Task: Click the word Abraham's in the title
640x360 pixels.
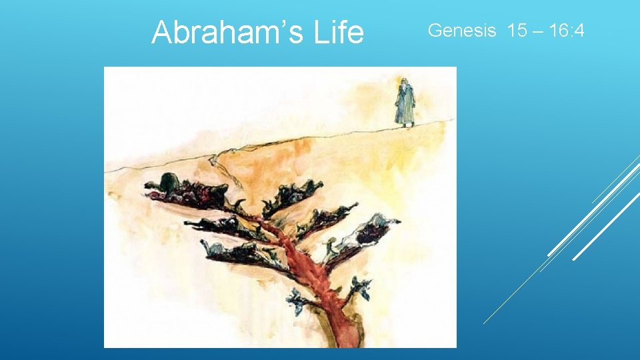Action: (220, 33)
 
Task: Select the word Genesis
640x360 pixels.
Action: (462, 30)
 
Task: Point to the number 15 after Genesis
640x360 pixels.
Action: (517, 30)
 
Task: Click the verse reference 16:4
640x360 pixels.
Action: (565, 30)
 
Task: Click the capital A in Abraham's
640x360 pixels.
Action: (161, 33)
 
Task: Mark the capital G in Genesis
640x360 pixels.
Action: (435, 30)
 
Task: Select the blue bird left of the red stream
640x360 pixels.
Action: (295, 301)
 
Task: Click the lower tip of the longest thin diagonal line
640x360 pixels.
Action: (484, 323)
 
